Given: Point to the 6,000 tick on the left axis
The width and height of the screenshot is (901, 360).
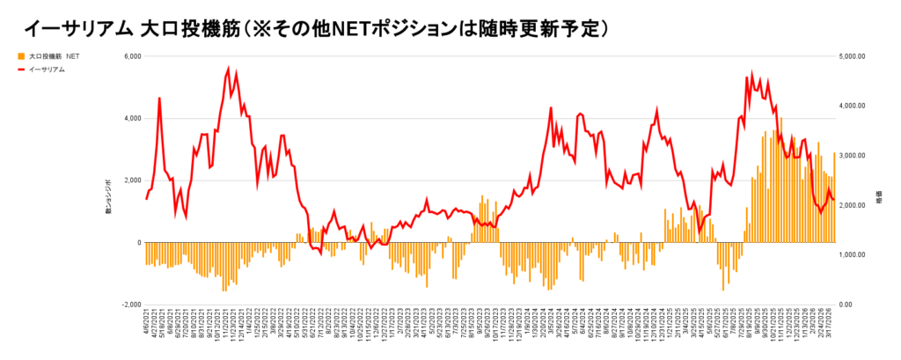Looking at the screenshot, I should [x=130, y=56].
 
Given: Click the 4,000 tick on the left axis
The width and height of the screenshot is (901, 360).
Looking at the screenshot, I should [x=130, y=118].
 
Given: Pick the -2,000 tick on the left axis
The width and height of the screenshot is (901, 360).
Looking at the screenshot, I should [x=129, y=305].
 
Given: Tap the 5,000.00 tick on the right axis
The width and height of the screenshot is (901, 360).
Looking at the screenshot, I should [x=854, y=56].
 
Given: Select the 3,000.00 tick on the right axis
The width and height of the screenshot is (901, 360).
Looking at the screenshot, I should [x=854, y=156].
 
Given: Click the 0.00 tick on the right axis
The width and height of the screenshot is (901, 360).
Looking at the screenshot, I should [x=848, y=305].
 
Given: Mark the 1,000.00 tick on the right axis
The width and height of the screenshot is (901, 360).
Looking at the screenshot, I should [x=854, y=255].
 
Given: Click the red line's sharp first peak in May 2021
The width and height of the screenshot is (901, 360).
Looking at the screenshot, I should [x=159, y=98].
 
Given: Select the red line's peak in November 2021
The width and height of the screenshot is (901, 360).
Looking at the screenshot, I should [x=229, y=68].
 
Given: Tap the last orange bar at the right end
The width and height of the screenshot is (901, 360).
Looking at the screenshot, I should [x=833, y=197].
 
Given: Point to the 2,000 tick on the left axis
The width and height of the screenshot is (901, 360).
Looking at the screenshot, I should [x=130, y=180].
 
